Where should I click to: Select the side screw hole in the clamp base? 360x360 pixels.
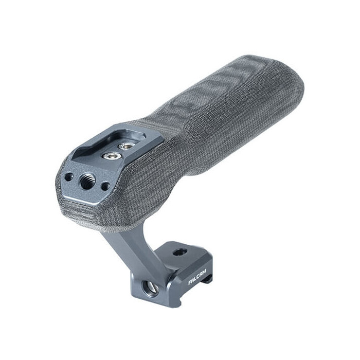[150, 289]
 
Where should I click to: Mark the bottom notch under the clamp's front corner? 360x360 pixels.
[209, 282]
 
